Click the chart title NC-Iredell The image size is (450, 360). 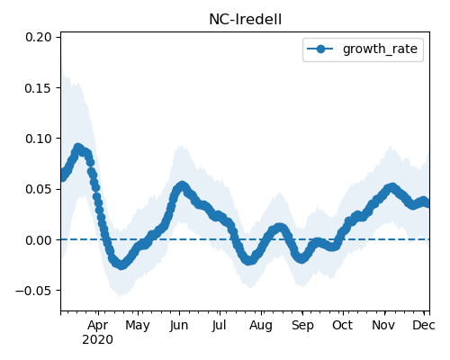tap(245, 20)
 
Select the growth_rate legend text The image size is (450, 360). tap(380, 49)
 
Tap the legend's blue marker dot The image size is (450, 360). tap(320, 49)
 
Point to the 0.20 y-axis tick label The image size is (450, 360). tap(39, 37)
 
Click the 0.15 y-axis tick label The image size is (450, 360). tap(39, 88)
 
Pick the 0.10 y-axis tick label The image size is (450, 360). tap(39, 139)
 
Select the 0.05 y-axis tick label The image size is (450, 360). tap(39, 189)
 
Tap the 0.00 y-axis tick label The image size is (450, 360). tap(39, 240)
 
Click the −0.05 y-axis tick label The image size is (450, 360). tap(33, 291)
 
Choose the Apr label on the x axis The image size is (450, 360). tap(98, 326)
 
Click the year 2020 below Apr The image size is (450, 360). tap(98, 340)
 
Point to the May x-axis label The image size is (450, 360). tap(138, 326)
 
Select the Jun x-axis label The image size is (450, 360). tap(179, 326)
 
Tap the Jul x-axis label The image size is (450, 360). tap(220, 326)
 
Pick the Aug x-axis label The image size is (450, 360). tap(261, 326)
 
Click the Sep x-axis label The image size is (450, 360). tap(302, 326)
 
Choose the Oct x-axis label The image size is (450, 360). tap(343, 326)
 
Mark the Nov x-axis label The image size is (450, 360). tap(384, 326)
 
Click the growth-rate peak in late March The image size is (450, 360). tap(78, 148)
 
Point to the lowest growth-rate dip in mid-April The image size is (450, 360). tap(121, 265)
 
